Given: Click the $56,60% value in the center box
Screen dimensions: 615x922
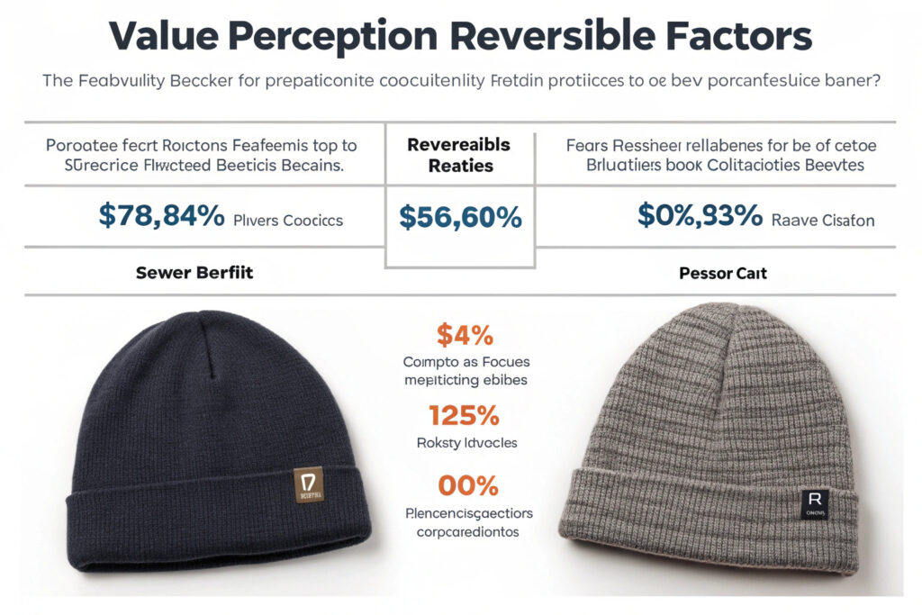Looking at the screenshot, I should [459, 218].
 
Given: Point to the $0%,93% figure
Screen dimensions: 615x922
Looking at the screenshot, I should [698, 216].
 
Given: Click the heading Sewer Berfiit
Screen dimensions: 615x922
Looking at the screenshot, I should [194, 272].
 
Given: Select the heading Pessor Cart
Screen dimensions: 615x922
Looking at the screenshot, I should [723, 272].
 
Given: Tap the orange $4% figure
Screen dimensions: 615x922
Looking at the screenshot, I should [465, 335].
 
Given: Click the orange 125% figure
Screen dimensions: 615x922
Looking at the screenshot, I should [465, 415].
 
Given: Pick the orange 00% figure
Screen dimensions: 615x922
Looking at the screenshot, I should [467, 485].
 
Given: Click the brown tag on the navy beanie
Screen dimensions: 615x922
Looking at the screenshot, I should [310, 484].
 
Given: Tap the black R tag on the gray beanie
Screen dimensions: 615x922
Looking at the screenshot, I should [814, 503].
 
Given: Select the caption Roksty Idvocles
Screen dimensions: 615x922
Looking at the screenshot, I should [466, 443].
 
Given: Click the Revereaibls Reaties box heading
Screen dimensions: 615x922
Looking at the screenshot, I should [459, 155].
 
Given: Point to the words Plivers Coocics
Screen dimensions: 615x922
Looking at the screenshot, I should [288, 219].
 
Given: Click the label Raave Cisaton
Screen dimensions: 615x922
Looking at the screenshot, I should [823, 219].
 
